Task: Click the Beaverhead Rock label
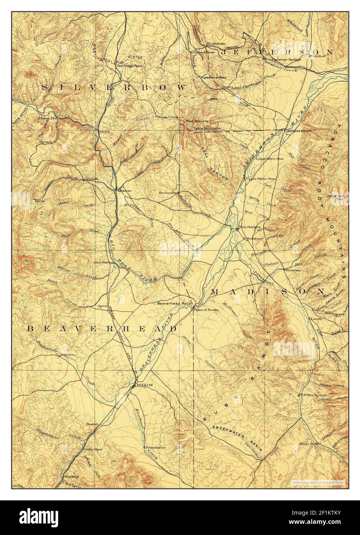click(x=174, y=303)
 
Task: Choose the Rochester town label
click(x=169, y=192)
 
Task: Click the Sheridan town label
click(x=292, y=270)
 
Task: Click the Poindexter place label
click(x=155, y=448)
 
